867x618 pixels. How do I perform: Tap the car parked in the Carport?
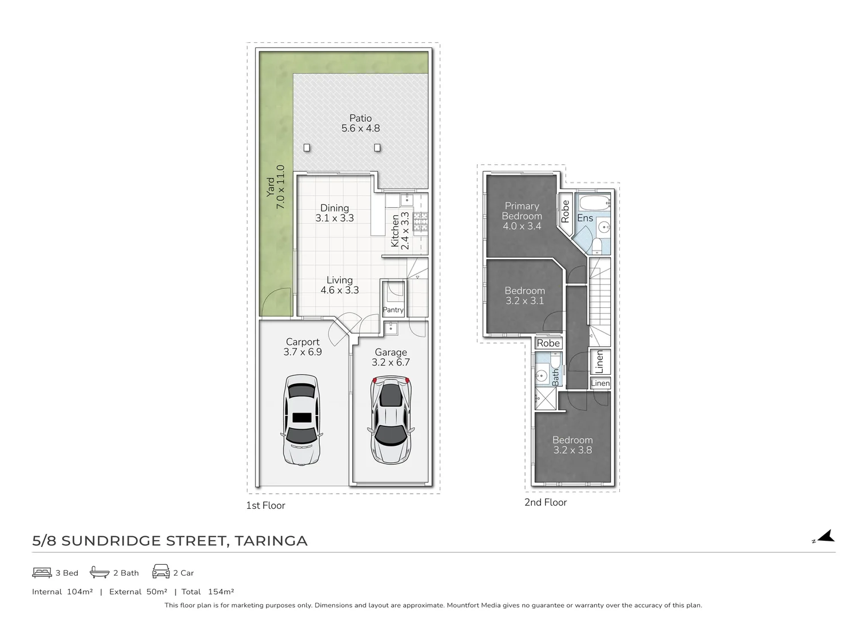click(302, 420)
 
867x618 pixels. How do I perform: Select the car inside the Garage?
click(391, 420)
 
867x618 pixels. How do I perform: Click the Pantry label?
click(393, 310)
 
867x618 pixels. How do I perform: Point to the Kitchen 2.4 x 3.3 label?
click(400, 231)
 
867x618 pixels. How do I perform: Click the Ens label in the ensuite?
click(585, 218)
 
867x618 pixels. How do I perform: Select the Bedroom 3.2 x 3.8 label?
click(572, 445)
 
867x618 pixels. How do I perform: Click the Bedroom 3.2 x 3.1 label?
click(524, 295)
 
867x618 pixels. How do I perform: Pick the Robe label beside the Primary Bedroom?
click(565, 211)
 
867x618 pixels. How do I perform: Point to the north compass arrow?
click(826, 536)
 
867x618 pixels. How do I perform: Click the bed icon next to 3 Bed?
click(42, 573)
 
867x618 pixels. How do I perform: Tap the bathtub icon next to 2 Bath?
click(100, 572)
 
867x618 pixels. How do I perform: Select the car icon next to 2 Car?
click(161, 572)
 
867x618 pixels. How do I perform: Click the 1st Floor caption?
click(265, 506)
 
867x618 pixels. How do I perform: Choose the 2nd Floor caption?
click(546, 502)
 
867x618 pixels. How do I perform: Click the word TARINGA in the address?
click(271, 541)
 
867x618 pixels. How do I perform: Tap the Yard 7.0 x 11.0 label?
click(276, 187)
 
